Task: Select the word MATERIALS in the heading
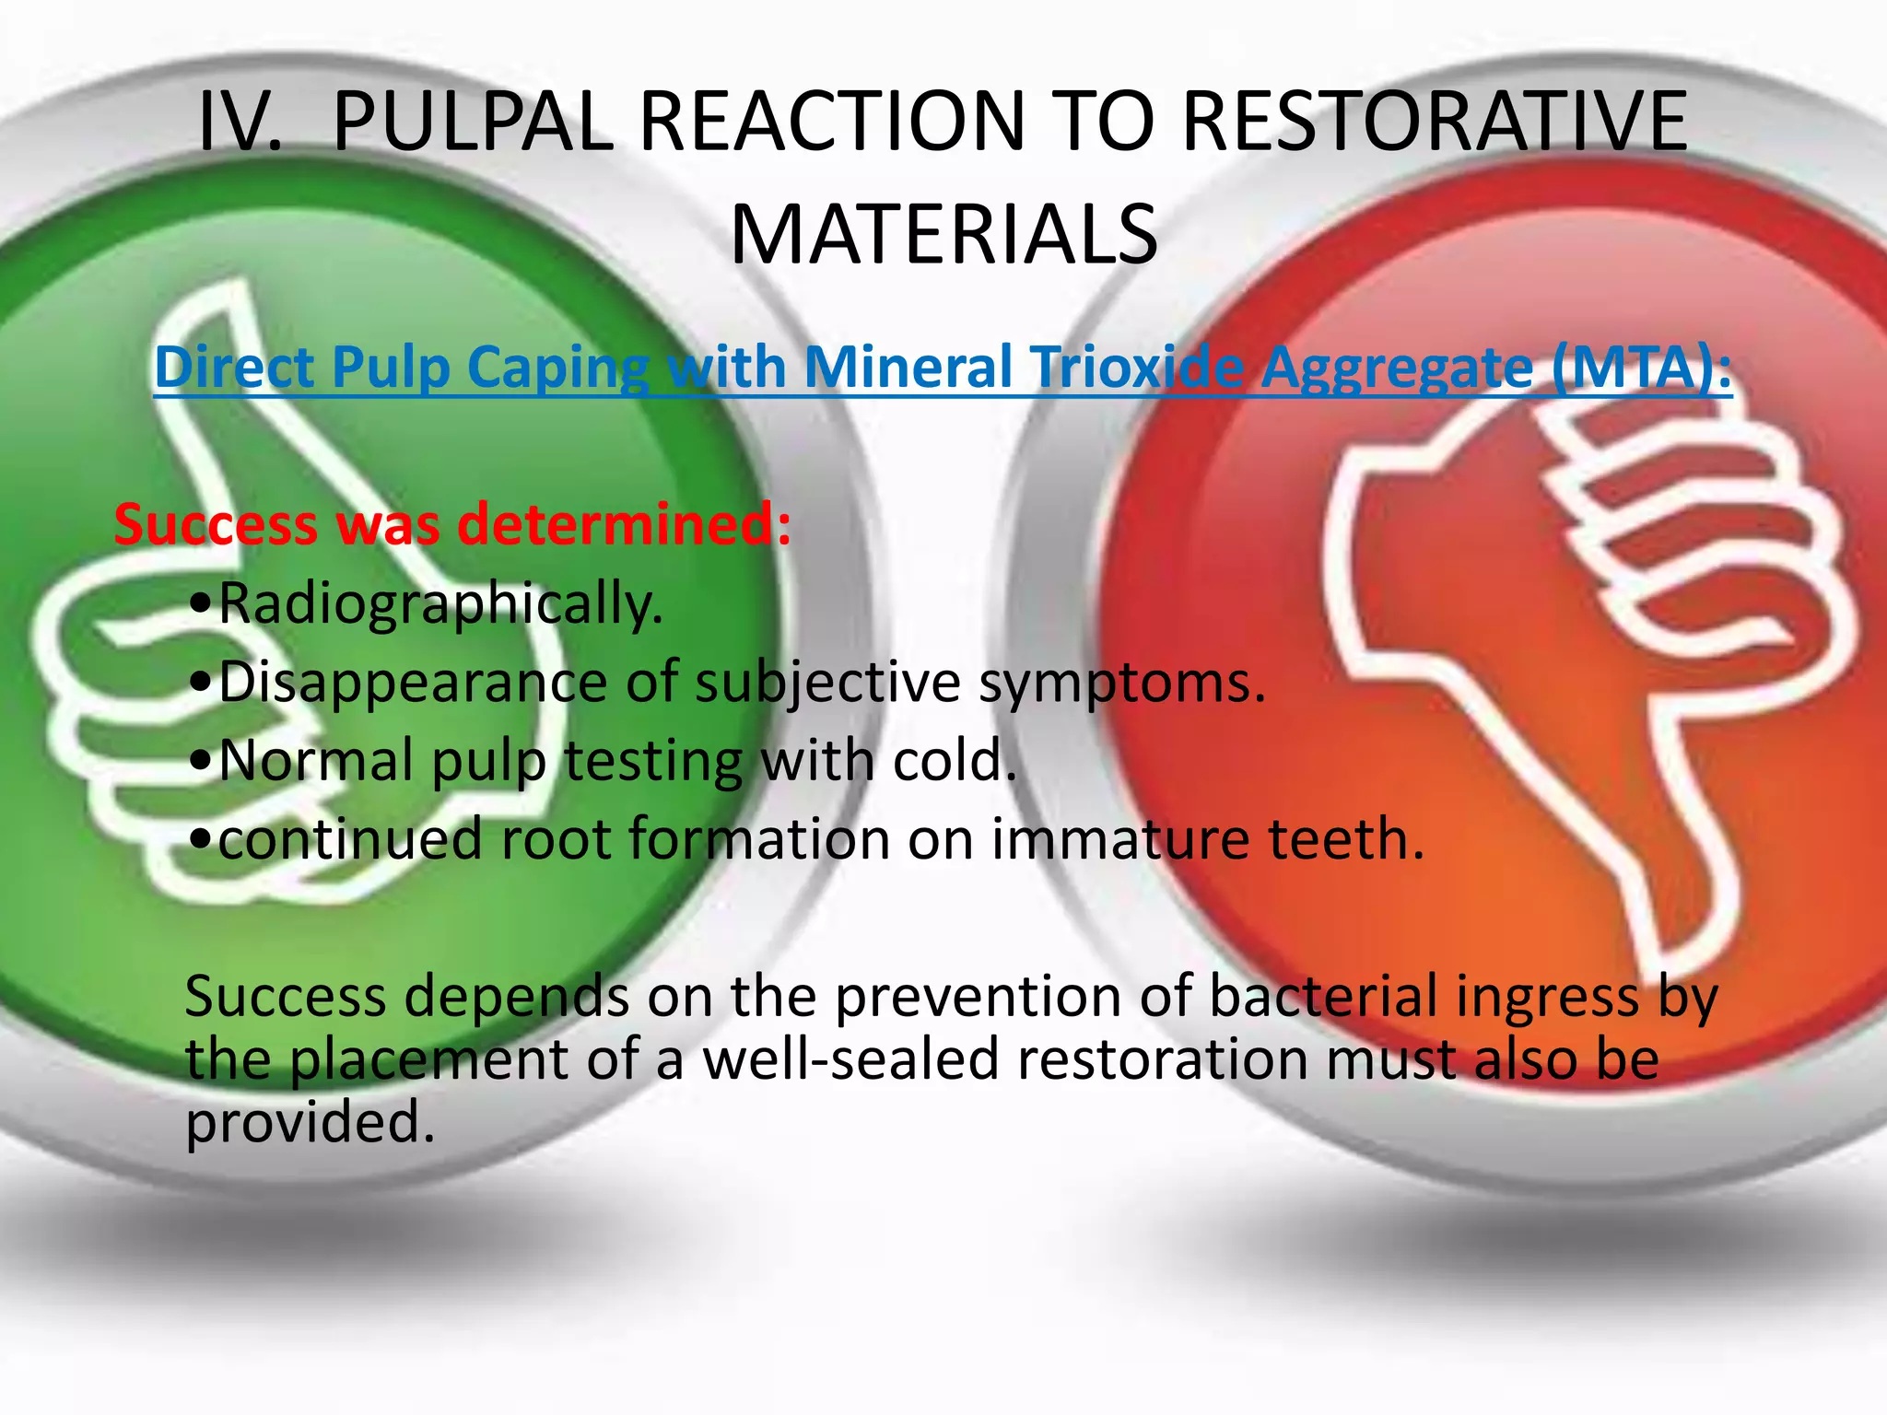(x=943, y=236)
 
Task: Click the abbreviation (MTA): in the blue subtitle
(x=1641, y=367)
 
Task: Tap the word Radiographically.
(x=440, y=604)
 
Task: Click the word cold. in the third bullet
(x=955, y=762)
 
